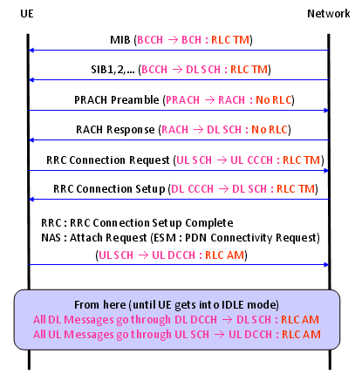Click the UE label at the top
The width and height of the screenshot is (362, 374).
pos(27,14)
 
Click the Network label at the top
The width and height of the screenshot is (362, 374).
pos(329,14)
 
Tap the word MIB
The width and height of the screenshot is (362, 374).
pos(120,40)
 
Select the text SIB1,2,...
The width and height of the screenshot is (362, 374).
pos(113,70)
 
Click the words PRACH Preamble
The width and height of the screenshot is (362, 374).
pos(117,100)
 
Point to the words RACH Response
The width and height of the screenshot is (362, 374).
pos(115,130)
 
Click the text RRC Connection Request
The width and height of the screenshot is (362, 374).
pos(108,160)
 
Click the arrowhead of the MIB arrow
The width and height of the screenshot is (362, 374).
pos(31,51)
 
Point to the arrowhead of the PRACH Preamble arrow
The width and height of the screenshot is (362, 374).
pos(326,111)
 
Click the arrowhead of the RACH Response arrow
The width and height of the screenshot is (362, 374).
pos(31,140)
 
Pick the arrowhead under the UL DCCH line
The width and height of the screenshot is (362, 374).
pos(326,265)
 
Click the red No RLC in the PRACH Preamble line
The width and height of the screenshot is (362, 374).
pos(274,100)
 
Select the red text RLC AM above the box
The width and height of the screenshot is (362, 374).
pos(224,255)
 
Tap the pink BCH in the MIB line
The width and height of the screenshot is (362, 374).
pos(191,40)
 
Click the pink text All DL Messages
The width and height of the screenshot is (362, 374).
pos(74,320)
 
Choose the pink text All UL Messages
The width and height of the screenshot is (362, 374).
pos(74,335)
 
